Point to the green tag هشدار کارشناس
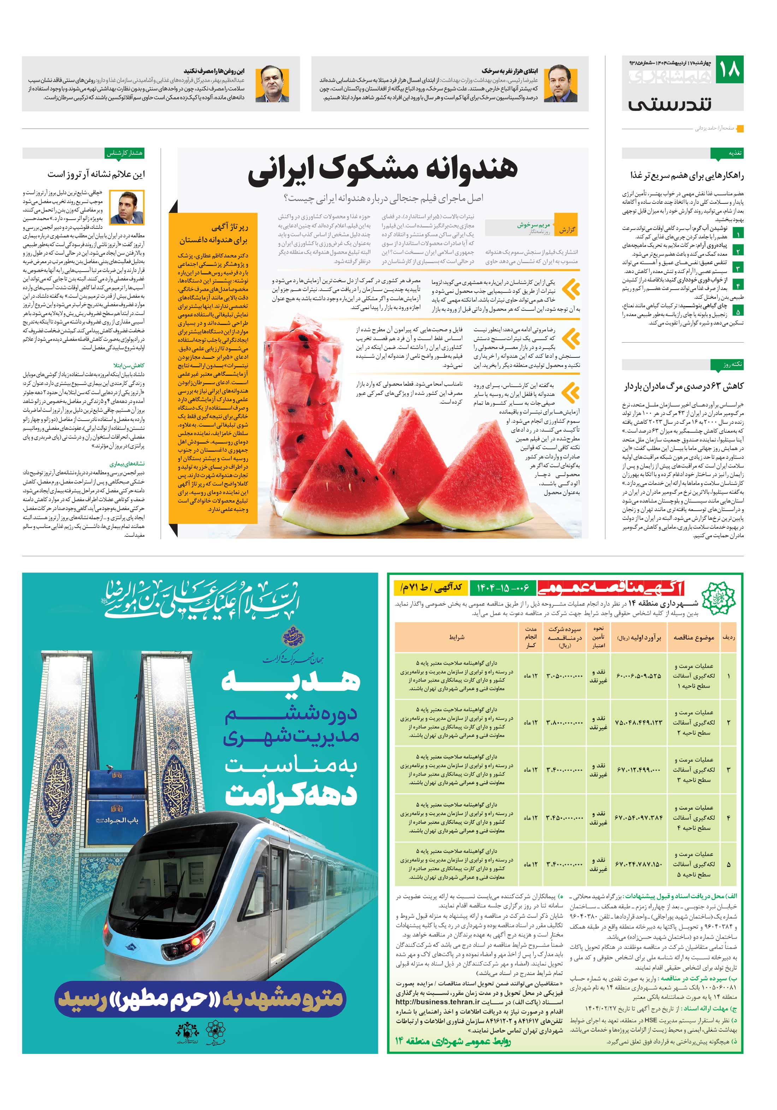pyautogui.click(x=124, y=153)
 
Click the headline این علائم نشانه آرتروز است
pyautogui.click(x=96, y=174)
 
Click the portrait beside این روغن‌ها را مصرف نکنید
pyautogui.click(x=272, y=84)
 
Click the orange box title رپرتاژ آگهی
pyautogui.click(x=230, y=227)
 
